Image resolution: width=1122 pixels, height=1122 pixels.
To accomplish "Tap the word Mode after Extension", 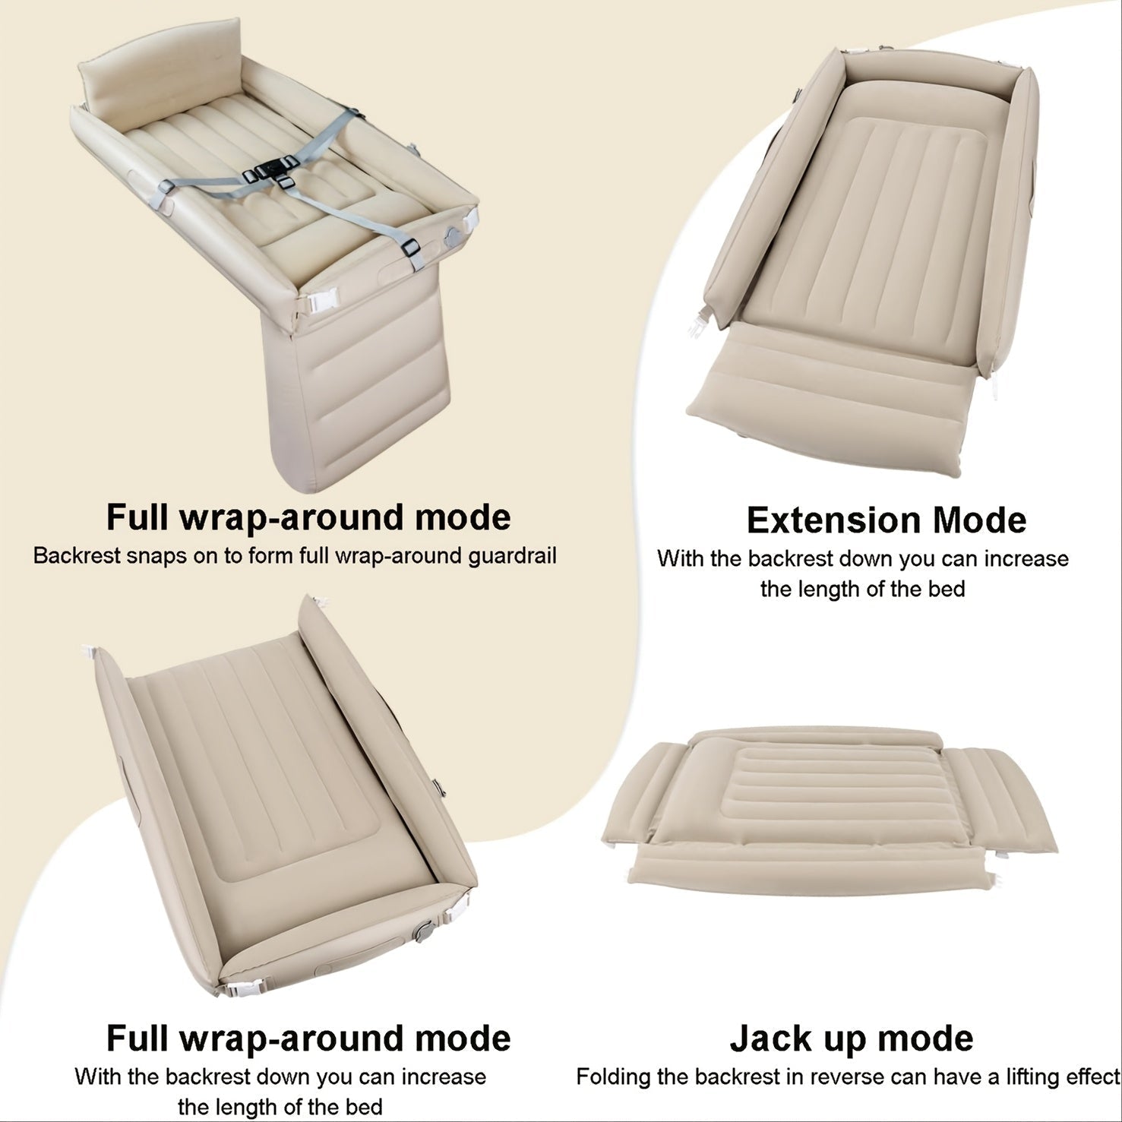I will (x=979, y=520).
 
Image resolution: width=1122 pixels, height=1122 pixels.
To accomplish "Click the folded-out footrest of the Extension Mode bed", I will (x=828, y=410).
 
